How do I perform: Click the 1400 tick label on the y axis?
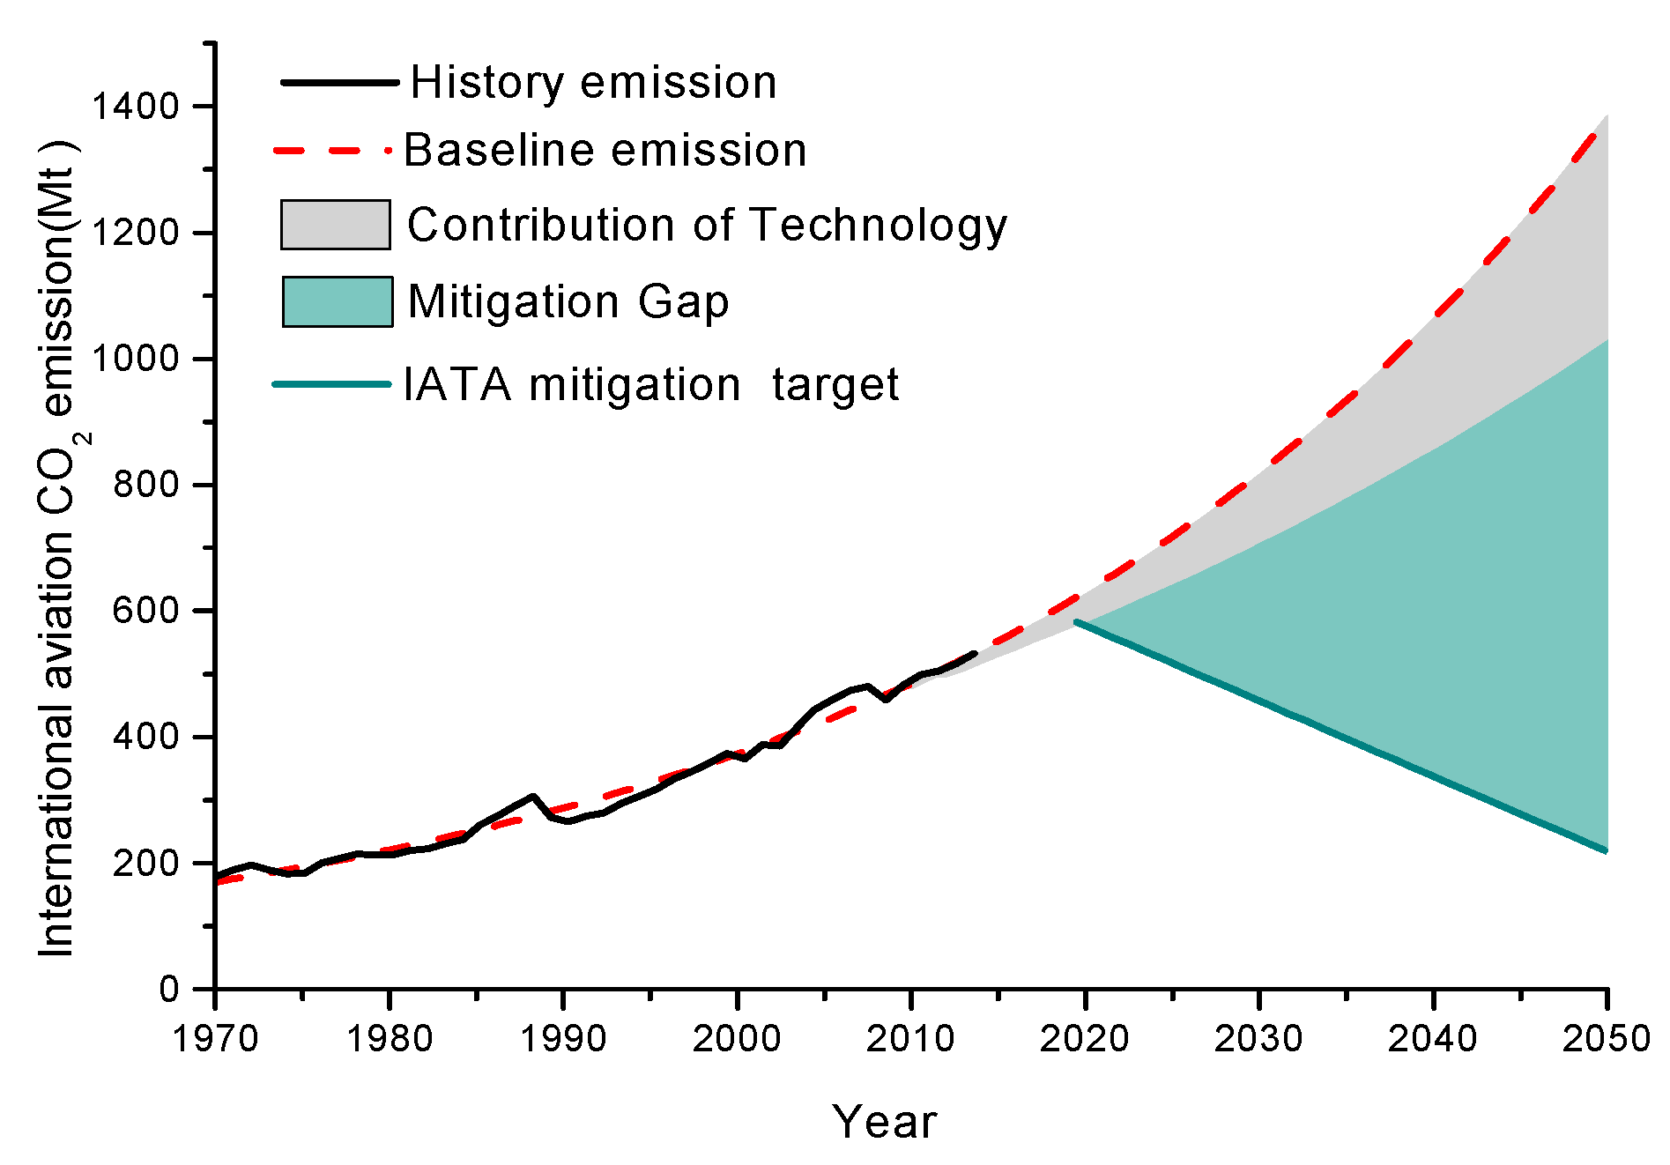tap(135, 107)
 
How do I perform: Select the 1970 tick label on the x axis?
tap(214, 1039)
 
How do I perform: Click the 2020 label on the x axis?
tap(1084, 1039)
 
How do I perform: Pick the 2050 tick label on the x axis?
tap(1606, 1039)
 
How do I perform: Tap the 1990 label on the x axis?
tap(563, 1039)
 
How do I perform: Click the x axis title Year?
tap(884, 1122)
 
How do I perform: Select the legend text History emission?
tap(593, 83)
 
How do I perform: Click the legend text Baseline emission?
tap(605, 150)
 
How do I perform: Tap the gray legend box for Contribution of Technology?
tap(335, 225)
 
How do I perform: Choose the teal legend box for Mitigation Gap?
tap(337, 301)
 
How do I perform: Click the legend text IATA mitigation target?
tap(650, 385)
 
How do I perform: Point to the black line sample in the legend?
tap(338, 83)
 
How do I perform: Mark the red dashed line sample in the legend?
tap(331, 151)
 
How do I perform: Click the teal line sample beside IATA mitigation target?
tap(331, 384)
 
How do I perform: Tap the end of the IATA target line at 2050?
tap(1606, 850)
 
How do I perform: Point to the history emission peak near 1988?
tap(533, 797)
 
